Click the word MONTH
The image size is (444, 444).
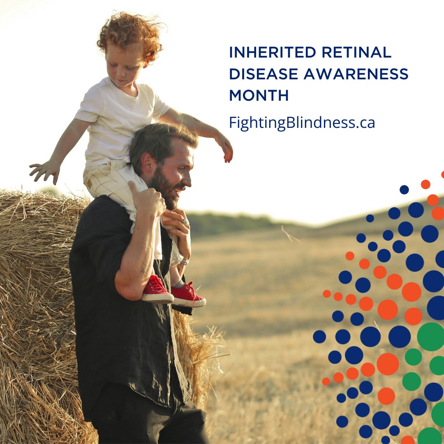click(259, 96)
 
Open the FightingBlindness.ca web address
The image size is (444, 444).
click(302, 123)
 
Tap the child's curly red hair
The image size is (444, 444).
click(129, 35)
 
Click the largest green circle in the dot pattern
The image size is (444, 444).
click(431, 336)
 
